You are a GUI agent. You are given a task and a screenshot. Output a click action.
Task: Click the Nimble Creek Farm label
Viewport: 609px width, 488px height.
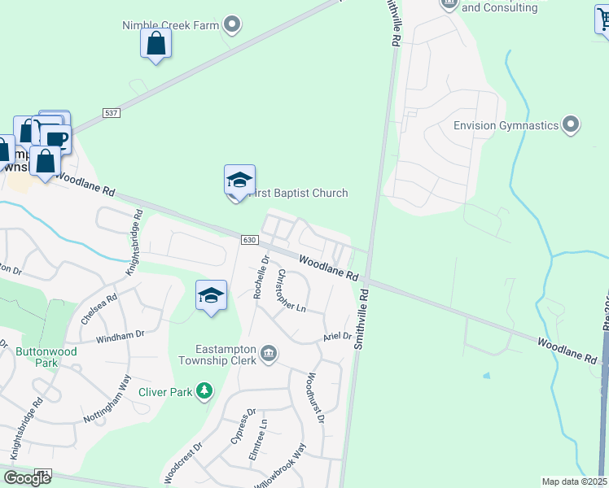pos(171,25)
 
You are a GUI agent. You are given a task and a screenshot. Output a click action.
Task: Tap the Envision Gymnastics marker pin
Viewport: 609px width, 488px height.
pos(571,125)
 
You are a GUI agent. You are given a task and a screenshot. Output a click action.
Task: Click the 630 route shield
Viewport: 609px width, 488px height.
pos(249,240)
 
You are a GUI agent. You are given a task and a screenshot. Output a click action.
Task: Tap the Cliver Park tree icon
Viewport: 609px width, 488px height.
pos(204,392)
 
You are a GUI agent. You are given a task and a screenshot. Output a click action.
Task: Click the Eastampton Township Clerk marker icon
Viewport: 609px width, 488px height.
pos(269,353)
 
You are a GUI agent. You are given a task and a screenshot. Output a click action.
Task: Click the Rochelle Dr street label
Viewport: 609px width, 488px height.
pos(261,277)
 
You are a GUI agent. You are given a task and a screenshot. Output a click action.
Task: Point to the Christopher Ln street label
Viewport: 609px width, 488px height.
pos(291,291)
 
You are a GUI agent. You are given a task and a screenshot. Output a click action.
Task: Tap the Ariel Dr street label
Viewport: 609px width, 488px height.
pos(336,336)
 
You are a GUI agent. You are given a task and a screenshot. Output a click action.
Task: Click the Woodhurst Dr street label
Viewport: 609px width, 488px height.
pos(315,399)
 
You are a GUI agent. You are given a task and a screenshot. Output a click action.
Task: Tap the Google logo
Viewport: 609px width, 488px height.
pos(27,478)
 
